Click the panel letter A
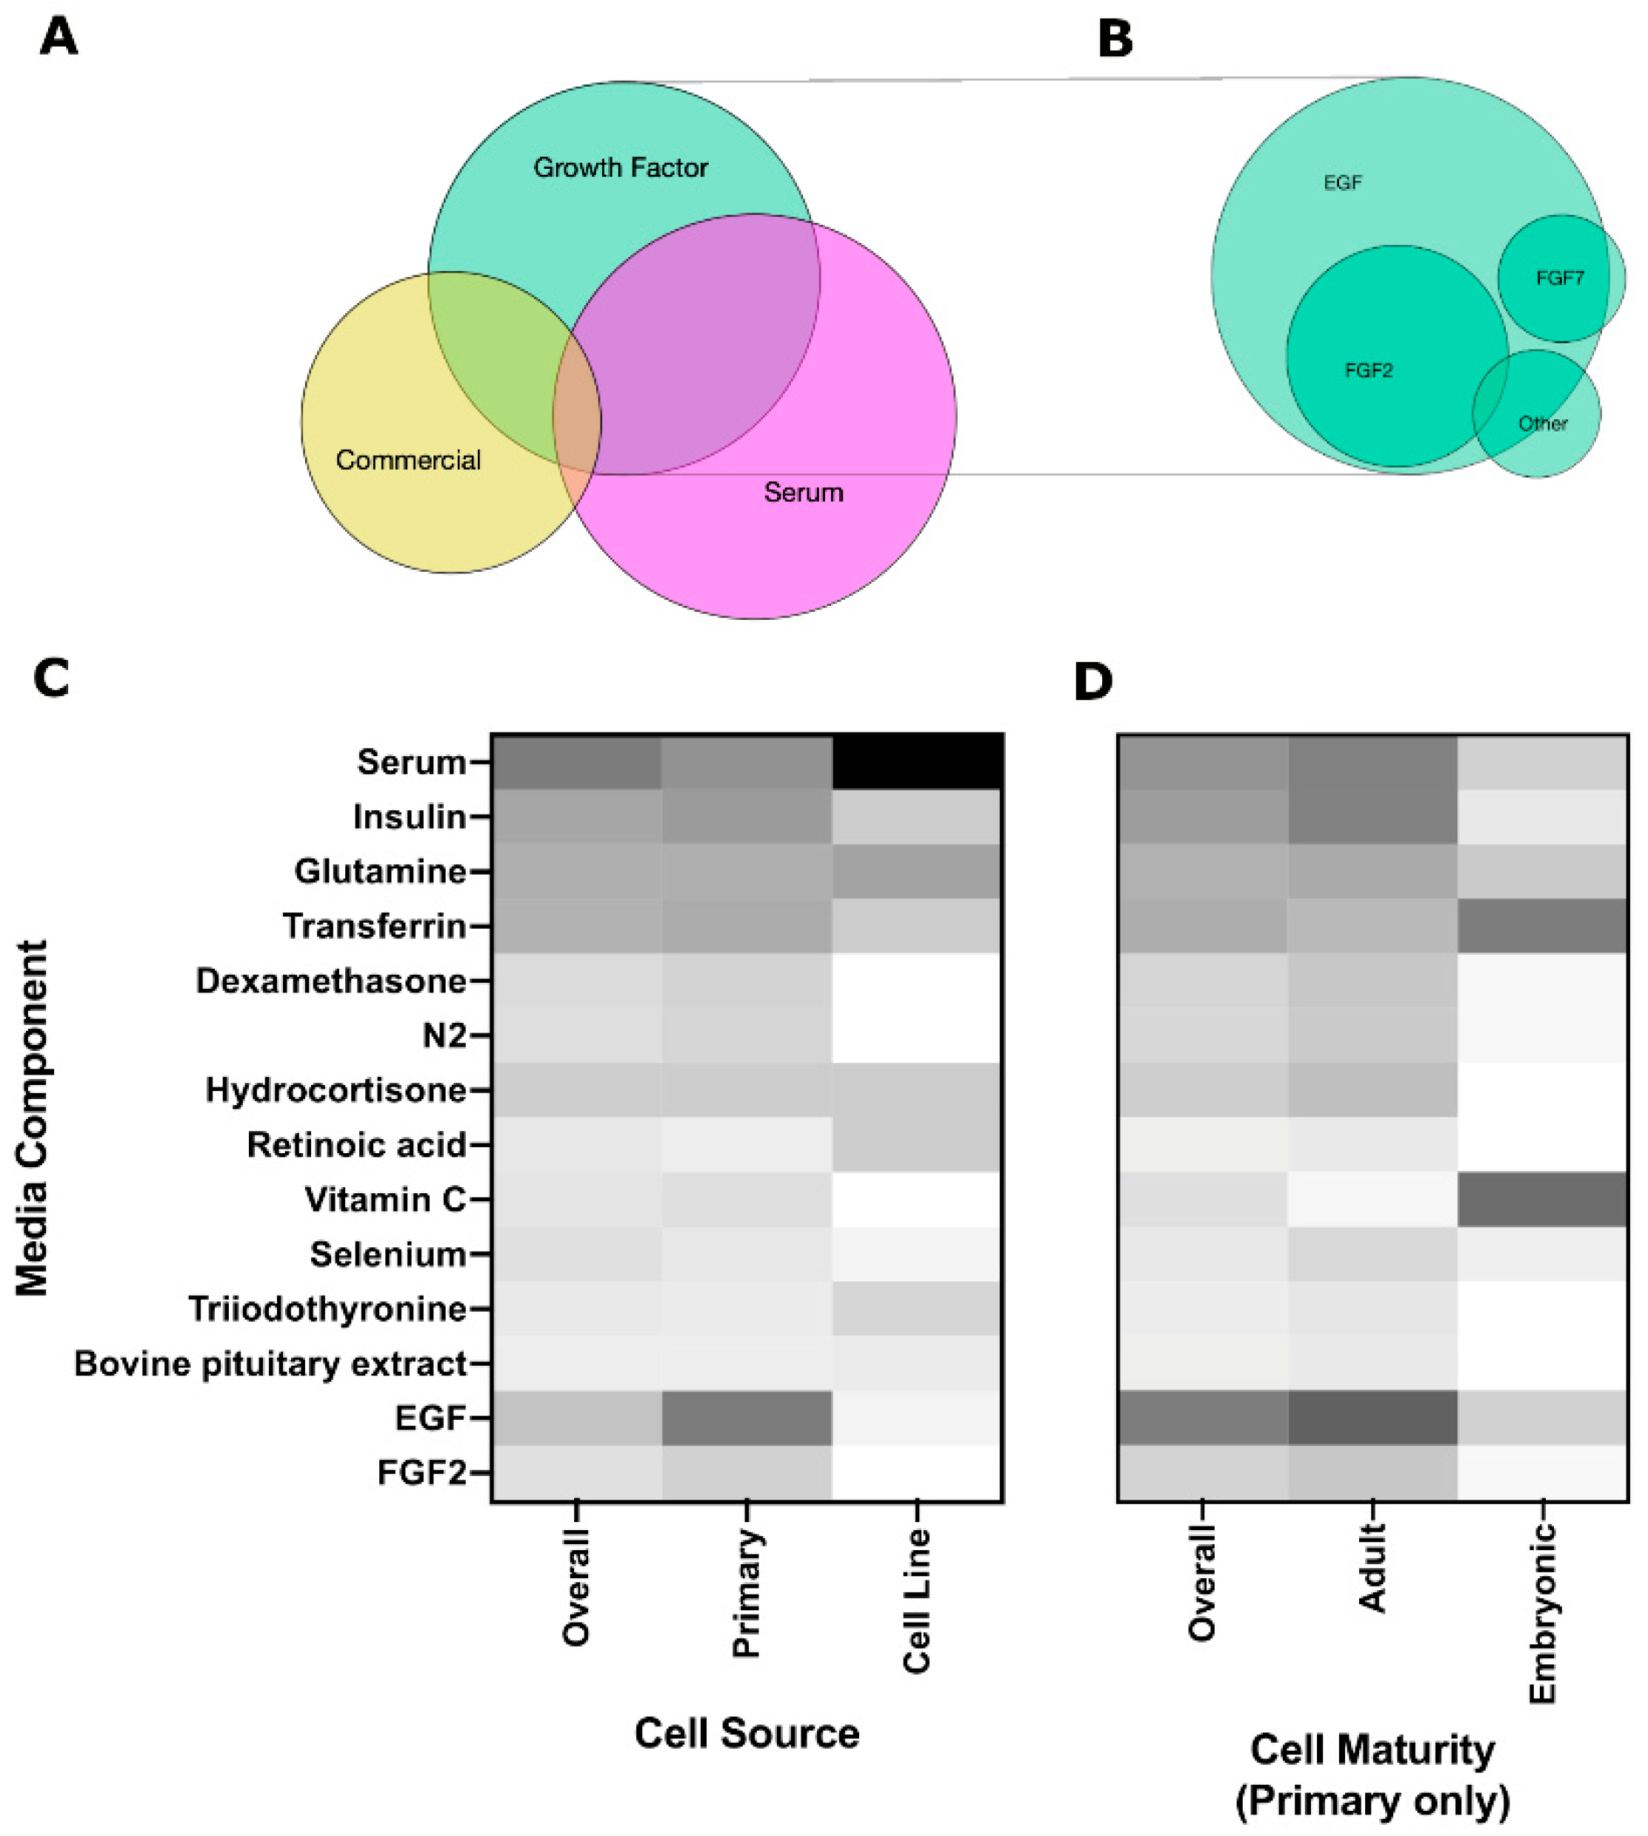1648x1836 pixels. point(59,39)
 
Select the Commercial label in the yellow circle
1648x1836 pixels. point(407,460)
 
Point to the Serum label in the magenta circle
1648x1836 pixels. point(803,493)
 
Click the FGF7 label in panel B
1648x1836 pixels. point(1559,278)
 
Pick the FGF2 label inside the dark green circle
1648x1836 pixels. point(1368,370)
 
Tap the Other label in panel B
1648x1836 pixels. point(1542,424)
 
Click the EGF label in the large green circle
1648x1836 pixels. point(1342,183)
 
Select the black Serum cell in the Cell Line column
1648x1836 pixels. point(916,761)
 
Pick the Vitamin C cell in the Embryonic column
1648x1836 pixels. point(1542,1200)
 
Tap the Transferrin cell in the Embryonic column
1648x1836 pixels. point(1542,927)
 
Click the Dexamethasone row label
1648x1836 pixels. point(330,981)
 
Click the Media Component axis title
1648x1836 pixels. point(33,1118)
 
